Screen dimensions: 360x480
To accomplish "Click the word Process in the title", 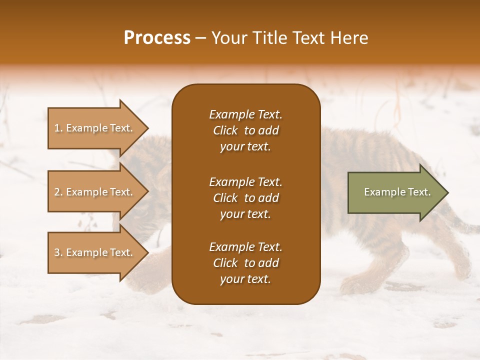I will (x=157, y=38).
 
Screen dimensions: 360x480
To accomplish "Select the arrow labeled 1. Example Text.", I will (x=95, y=128).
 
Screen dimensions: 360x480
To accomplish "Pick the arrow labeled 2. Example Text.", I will (x=95, y=192).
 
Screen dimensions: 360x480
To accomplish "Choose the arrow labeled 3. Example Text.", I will (x=95, y=252).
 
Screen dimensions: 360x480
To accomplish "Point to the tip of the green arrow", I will (x=447, y=192).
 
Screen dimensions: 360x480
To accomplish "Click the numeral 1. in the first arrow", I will (x=58, y=128).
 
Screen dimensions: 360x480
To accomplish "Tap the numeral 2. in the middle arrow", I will (x=58, y=192).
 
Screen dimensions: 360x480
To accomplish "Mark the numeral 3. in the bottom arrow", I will (x=58, y=252).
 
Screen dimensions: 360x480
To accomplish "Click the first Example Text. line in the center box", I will (x=245, y=114).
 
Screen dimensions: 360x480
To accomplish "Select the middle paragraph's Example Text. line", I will (x=245, y=181).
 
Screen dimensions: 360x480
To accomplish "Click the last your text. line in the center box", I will (x=245, y=279).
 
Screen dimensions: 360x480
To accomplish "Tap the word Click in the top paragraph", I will (x=225, y=130).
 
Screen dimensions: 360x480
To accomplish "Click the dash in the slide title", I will (x=201, y=38).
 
